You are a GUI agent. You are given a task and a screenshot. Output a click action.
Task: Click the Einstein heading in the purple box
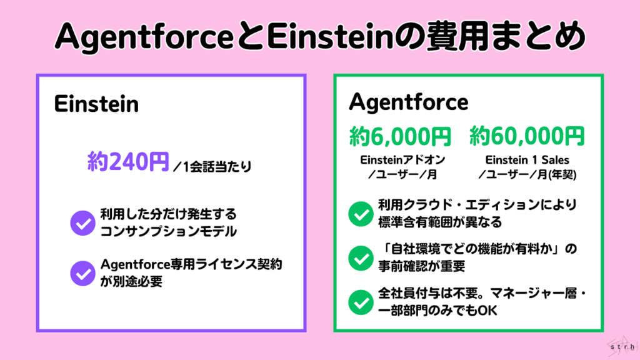pos(96,104)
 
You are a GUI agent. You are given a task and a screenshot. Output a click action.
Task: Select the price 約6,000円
pos(400,135)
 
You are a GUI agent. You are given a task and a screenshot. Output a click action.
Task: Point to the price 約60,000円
pos(527,135)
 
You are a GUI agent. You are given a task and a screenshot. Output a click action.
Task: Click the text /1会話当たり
pos(207,167)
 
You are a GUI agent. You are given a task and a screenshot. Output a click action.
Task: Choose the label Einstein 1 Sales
pos(527,159)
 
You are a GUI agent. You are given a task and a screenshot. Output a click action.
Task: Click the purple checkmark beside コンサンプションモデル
pos(81,222)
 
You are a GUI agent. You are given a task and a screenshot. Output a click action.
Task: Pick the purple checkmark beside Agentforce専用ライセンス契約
pos(81,272)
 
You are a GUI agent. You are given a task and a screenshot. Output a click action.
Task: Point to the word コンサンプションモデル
pos(169,231)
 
